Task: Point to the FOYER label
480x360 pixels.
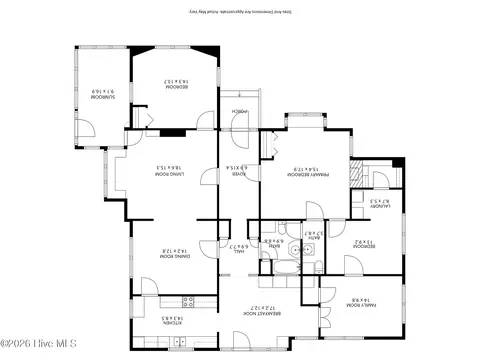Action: click(241, 171)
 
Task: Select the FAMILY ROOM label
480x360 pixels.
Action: click(359, 301)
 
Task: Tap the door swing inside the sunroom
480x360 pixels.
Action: click(88, 128)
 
